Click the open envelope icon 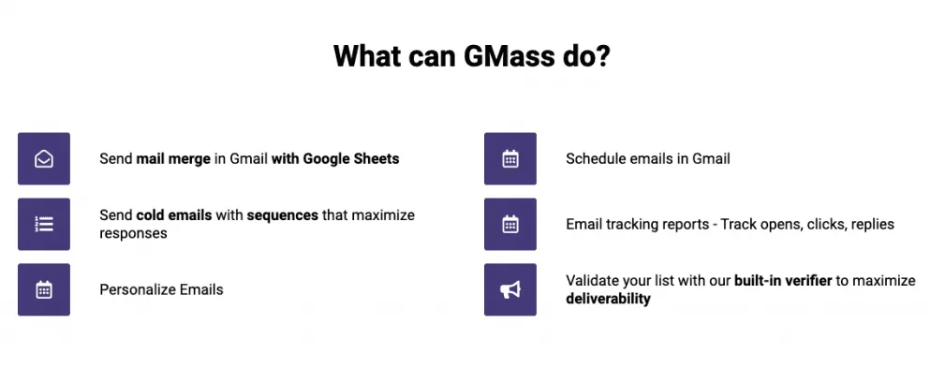pyautogui.click(x=43, y=159)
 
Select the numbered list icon pyautogui.click(x=43, y=225)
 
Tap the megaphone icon pyautogui.click(x=509, y=290)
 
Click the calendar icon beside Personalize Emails pyautogui.click(x=43, y=290)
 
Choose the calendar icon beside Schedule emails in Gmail pyautogui.click(x=509, y=159)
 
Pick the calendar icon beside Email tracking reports pyautogui.click(x=509, y=225)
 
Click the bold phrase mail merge pyautogui.click(x=173, y=159)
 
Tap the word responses pyautogui.click(x=133, y=233)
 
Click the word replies pyautogui.click(x=871, y=225)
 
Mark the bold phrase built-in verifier pyautogui.click(x=783, y=281)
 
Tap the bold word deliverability pyautogui.click(x=608, y=299)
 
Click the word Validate pyautogui.click(x=592, y=281)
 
